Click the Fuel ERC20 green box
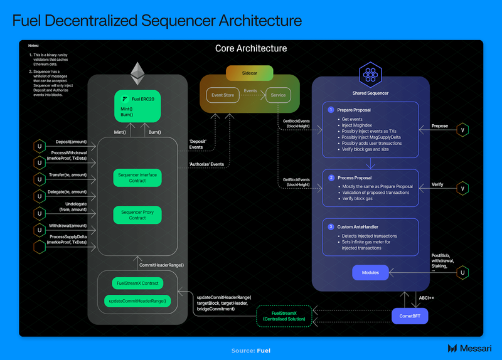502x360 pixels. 137,107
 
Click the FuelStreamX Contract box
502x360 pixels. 137,282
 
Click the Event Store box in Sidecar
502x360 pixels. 223,95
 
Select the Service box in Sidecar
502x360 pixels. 278,95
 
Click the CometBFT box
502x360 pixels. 410,316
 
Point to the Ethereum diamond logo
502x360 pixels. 137,74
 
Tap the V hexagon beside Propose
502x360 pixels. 463,129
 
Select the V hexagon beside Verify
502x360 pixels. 463,188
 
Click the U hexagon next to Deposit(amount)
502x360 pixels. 40,147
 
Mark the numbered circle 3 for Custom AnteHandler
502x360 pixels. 331,226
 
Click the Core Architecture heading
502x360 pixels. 251,48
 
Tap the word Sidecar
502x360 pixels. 251,73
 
